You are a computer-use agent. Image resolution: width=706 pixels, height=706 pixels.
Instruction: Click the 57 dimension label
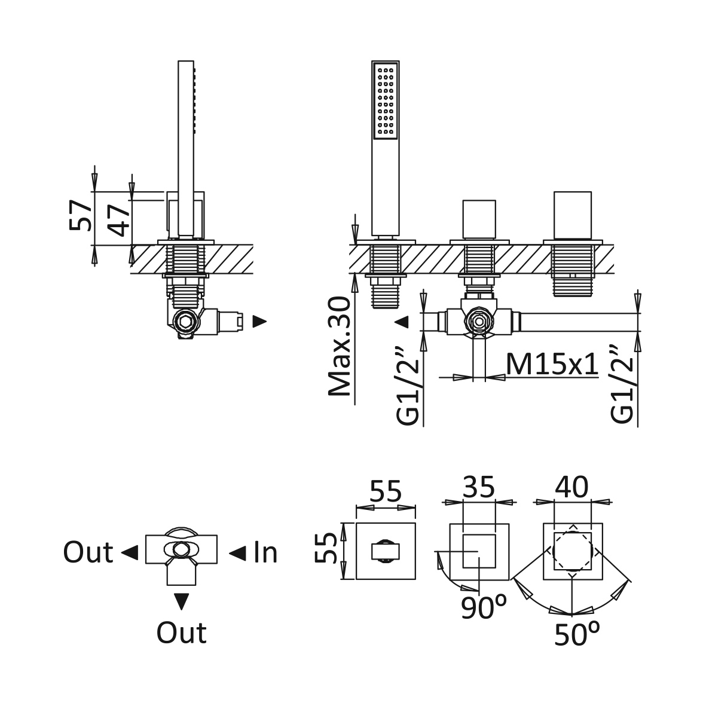pyautogui.click(x=81, y=216)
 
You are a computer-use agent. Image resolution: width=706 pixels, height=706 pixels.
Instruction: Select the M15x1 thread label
pyautogui.click(x=552, y=363)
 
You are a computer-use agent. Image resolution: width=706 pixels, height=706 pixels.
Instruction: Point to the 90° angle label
pyautogui.click(x=484, y=608)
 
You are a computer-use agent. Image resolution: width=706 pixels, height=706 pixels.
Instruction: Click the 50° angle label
pyautogui.click(x=577, y=634)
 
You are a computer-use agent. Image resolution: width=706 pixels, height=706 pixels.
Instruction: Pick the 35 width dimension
pyautogui.click(x=479, y=487)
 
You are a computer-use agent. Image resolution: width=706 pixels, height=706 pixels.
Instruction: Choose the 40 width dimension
pyautogui.click(x=572, y=487)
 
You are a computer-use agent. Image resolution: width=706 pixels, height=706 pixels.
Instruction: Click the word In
pyautogui.click(x=265, y=553)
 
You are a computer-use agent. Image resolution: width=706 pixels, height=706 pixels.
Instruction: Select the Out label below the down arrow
pyautogui.click(x=181, y=633)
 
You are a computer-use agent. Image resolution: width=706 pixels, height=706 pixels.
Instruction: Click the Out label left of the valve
pyautogui.click(x=88, y=553)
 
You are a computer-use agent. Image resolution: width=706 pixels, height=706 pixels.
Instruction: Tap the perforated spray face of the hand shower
pyautogui.click(x=385, y=100)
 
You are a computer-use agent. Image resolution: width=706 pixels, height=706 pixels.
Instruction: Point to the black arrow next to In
pyautogui.click(x=237, y=554)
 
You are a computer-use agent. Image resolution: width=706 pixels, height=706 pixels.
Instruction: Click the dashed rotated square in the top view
pyautogui.click(x=572, y=550)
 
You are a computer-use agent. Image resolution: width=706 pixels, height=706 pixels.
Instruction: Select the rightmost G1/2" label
pyautogui.click(x=622, y=383)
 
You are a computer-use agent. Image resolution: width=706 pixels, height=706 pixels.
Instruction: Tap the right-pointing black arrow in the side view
pyautogui.click(x=259, y=322)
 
